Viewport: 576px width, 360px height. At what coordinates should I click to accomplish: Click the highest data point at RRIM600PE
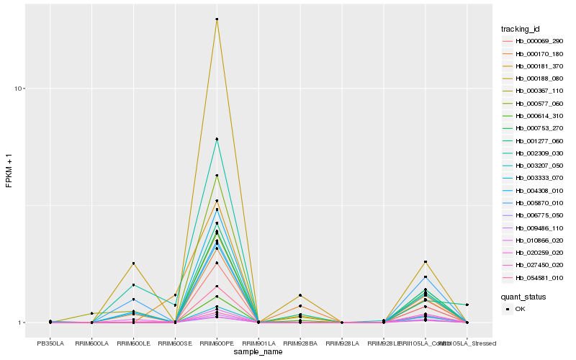click(217, 19)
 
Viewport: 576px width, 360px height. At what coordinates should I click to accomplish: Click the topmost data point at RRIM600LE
click(133, 264)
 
